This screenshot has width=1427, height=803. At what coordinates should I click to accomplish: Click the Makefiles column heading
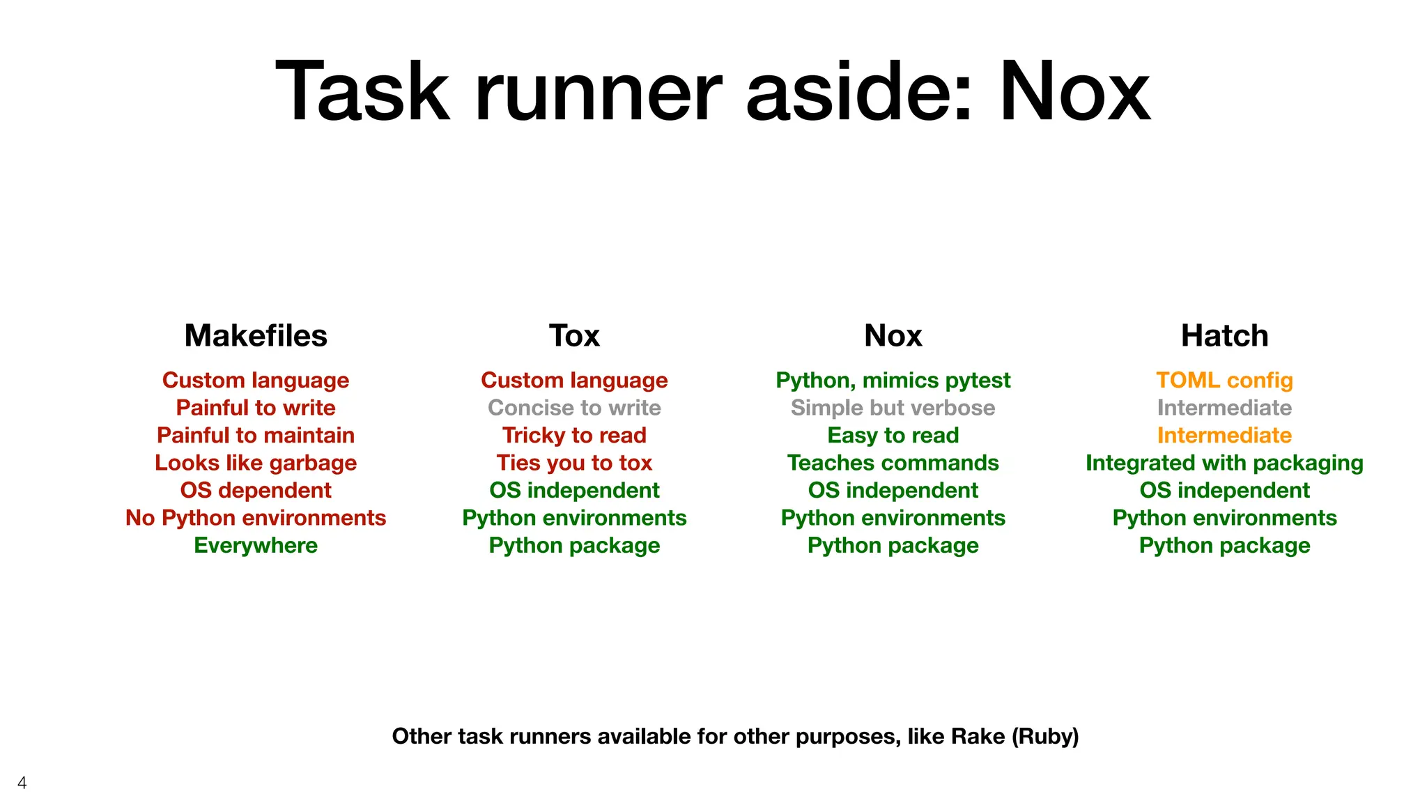pos(256,336)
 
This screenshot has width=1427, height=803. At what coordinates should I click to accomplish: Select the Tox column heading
pos(574,336)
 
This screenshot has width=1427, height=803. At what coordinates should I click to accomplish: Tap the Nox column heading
pos(893,336)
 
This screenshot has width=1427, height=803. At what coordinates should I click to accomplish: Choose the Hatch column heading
pos(1224,336)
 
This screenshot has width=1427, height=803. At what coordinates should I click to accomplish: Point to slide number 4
pos(22,783)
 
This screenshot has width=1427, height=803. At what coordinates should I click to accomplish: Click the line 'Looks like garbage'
pos(256,463)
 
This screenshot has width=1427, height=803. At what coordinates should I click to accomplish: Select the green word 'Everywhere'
pos(256,545)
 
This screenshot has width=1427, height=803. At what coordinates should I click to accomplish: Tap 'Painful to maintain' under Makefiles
pos(256,436)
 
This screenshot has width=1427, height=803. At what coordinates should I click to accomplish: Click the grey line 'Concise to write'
pos(574,408)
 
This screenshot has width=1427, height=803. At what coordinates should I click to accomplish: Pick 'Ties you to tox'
pos(574,463)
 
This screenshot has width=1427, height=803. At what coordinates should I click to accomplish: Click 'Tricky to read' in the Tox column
pos(574,436)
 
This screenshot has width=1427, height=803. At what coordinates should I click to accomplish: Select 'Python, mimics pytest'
pos(893,381)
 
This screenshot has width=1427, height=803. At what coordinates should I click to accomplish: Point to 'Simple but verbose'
pos(893,408)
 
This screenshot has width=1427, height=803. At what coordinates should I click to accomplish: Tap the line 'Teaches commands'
pos(893,463)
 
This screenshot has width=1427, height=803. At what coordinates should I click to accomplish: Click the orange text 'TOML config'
pos(1224,381)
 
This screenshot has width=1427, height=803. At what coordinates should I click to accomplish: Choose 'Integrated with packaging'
pos(1224,463)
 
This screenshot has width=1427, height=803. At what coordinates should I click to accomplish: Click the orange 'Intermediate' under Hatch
pos(1224,436)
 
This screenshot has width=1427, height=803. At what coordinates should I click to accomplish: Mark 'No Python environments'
pos(256,518)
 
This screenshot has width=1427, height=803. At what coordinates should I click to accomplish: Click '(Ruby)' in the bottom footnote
pos(1044,736)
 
